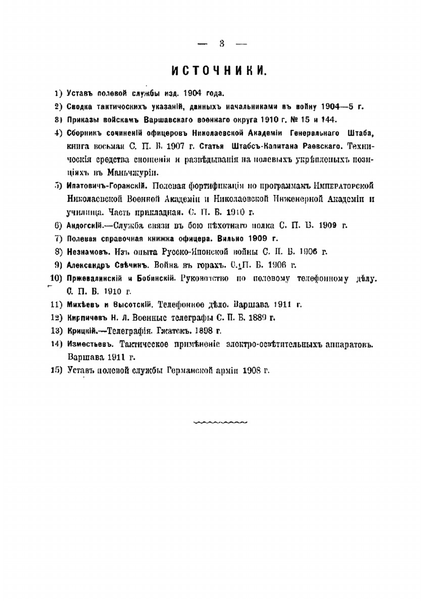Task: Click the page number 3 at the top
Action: coord(222,43)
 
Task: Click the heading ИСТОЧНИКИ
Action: coord(219,71)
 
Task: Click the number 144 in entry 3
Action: coord(328,120)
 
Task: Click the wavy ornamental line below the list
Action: coord(220,422)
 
